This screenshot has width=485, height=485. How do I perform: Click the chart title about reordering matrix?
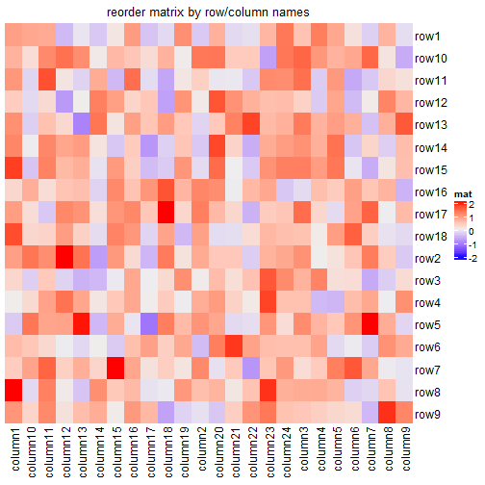point(209,12)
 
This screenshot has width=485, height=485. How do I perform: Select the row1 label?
point(426,37)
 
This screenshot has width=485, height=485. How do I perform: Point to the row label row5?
point(426,325)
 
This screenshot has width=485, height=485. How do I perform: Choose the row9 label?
point(426,414)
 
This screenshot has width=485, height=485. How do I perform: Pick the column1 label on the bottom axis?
point(14,450)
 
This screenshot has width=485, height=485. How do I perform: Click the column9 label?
point(403,450)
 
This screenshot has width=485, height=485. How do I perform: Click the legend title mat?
point(463,195)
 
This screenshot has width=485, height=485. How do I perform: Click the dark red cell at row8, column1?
point(14,391)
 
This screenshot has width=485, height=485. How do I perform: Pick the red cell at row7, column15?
point(115,369)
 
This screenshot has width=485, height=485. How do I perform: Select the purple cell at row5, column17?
point(149,324)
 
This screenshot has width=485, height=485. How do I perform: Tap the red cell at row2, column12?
point(64,258)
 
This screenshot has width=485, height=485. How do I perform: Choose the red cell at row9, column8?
point(386,414)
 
